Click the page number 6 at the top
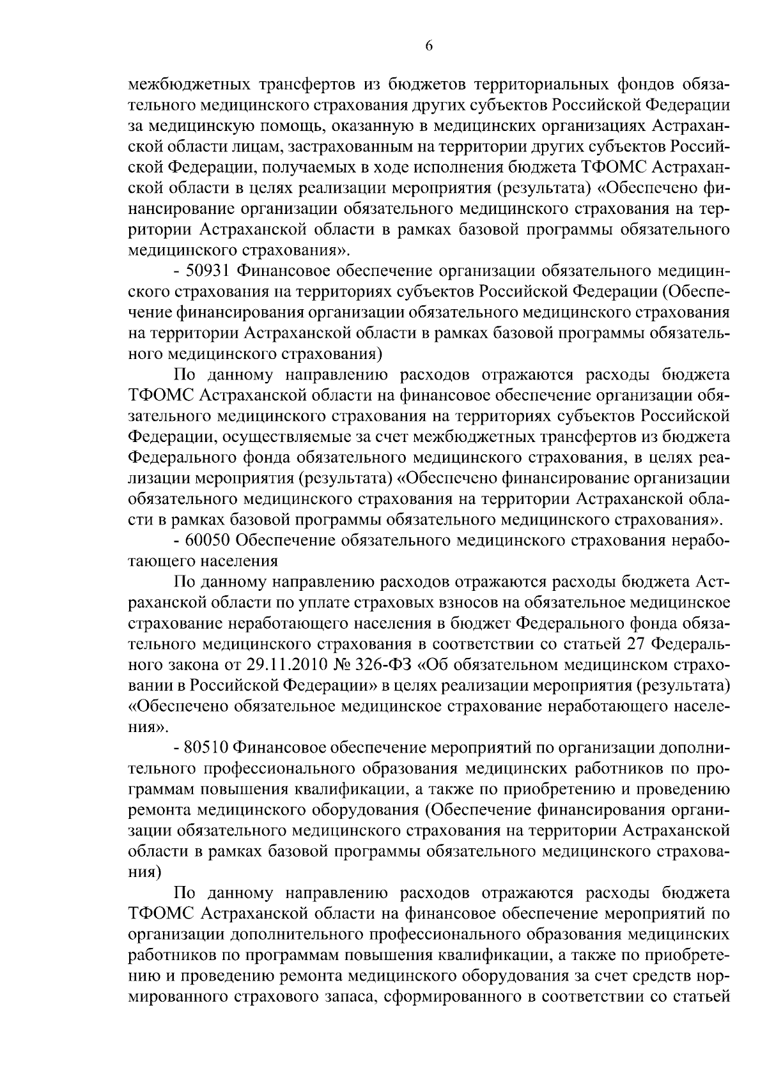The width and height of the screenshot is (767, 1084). coord(429,45)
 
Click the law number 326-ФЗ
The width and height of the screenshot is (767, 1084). coord(385,665)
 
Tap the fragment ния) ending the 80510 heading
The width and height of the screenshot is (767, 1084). coord(142,873)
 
